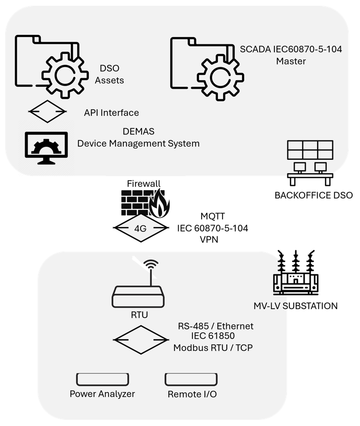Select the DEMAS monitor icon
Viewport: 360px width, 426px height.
[x=47, y=148]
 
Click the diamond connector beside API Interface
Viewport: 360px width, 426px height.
[x=47, y=111]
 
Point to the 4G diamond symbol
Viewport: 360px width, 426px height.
[x=141, y=228]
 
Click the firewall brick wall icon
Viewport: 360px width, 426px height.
[x=134, y=202]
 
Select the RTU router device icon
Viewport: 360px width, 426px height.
[x=138, y=298]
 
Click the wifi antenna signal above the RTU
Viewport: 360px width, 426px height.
[x=151, y=267]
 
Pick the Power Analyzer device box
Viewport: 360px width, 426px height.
[x=102, y=379]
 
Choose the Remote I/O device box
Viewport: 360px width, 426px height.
[x=191, y=379]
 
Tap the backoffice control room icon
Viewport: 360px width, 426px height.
[x=310, y=162]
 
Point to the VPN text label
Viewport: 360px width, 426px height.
[x=210, y=240]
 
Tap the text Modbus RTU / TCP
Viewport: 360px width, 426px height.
[x=213, y=348]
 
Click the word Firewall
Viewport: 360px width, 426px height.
[x=144, y=183]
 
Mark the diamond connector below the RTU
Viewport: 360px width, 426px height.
[x=138, y=340]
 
